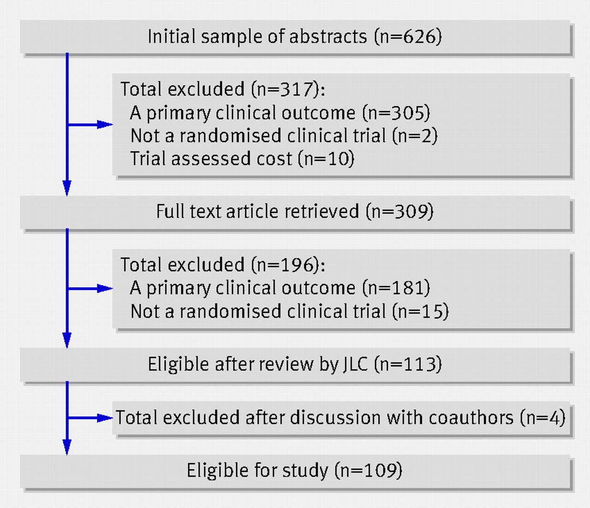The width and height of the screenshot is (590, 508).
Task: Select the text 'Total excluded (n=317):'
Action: (223, 89)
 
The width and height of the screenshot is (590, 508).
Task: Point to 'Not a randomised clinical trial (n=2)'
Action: (284, 136)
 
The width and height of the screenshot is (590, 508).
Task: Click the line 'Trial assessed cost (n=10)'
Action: (242, 159)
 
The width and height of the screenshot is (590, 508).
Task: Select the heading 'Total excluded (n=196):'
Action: (223, 265)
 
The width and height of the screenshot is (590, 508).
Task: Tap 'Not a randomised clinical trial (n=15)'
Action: (289, 311)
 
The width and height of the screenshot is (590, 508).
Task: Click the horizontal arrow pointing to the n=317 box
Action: (90, 124)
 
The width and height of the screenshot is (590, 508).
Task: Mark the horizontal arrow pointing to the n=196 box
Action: (90, 289)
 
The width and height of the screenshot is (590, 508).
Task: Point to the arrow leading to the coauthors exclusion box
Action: (90, 418)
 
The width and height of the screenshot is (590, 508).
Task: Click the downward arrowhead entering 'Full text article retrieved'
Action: (67, 189)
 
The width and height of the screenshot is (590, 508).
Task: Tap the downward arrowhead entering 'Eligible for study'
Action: (67, 448)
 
